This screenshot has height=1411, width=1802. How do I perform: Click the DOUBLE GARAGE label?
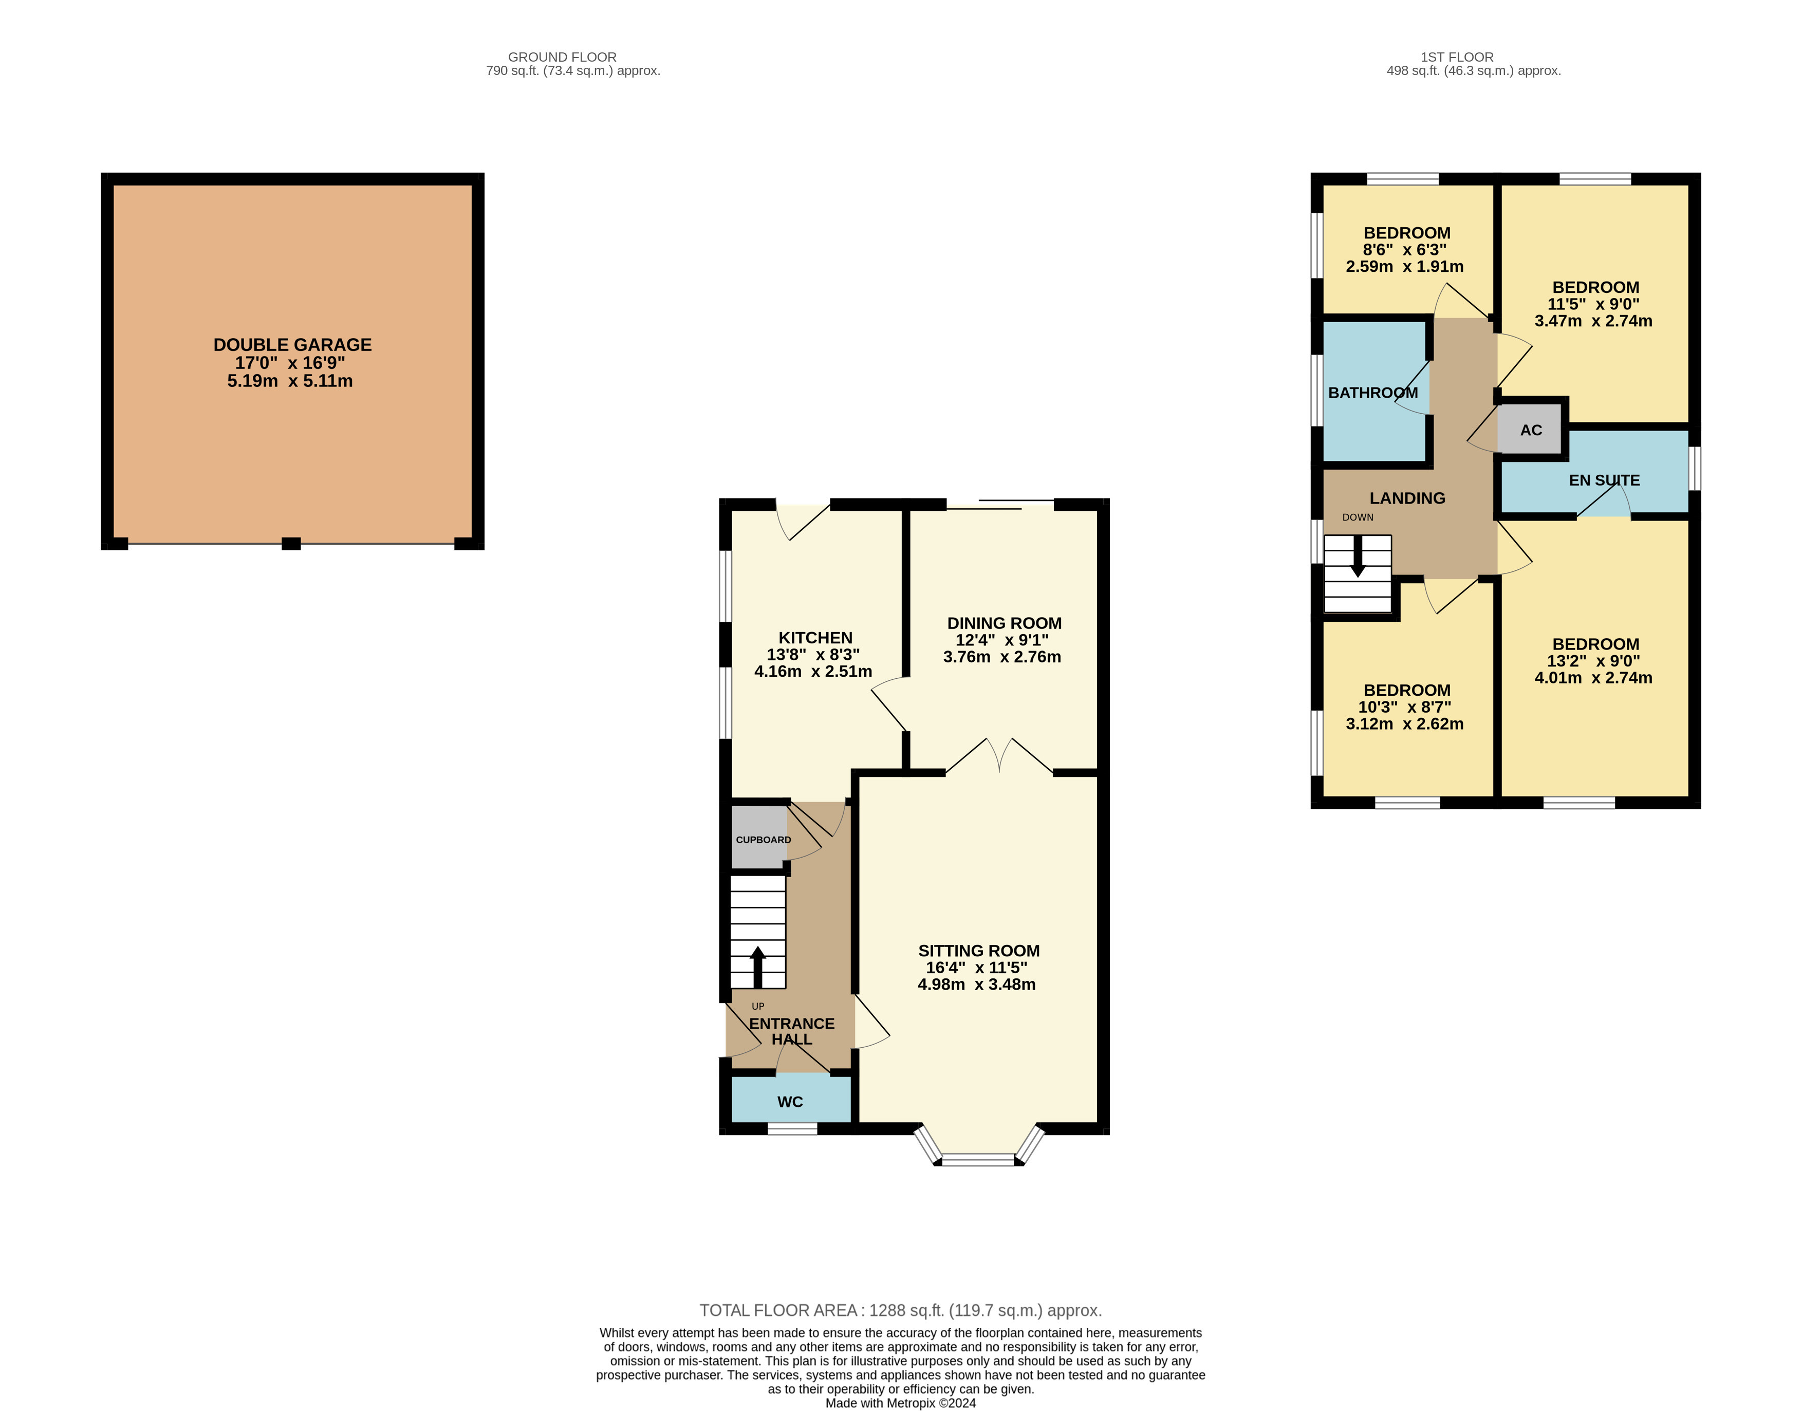coord(292,344)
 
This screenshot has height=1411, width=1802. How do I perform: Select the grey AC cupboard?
coord(1530,430)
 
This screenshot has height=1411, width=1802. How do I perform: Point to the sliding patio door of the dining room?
coord(1000,504)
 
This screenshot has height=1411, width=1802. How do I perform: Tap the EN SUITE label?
coord(1604,480)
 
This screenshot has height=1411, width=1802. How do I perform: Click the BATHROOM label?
coord(1372,393)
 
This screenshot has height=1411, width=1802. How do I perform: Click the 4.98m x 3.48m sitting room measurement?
coord(977,985)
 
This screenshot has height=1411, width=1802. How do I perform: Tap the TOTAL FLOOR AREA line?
coord(901,1310)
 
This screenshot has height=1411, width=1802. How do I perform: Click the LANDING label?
coord(1407,498)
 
